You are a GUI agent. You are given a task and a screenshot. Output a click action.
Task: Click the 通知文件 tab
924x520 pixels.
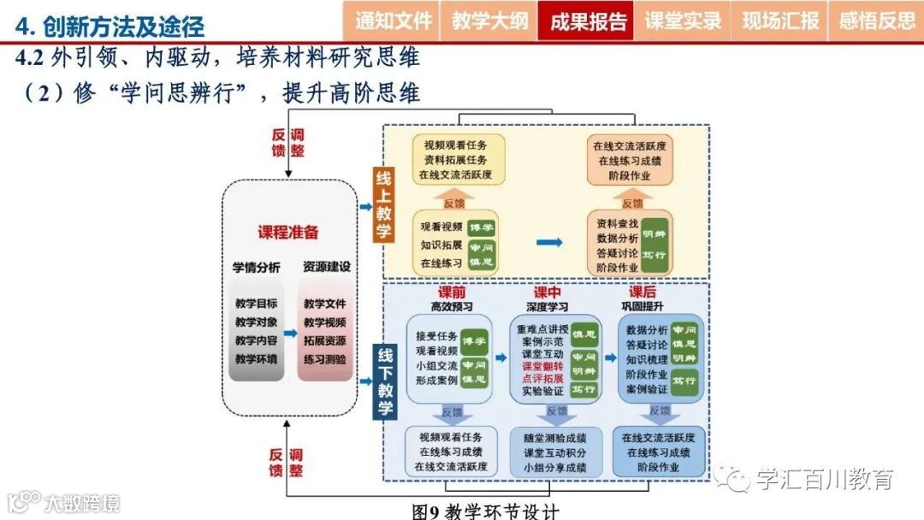[395, 21]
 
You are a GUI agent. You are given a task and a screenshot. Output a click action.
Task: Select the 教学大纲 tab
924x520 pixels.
[490, 21]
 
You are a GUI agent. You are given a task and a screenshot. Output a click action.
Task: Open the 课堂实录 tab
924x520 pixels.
[684, 21]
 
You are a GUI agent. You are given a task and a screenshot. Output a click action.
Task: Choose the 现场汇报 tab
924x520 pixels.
[780, 21]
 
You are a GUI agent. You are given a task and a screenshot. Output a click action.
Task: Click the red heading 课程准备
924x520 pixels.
[288, 232]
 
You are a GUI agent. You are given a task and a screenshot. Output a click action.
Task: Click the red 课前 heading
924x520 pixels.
[452, 292]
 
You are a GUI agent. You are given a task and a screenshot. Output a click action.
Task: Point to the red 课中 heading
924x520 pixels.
[548, 292]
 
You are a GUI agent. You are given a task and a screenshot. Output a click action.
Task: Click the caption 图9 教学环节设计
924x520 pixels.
[485, 511]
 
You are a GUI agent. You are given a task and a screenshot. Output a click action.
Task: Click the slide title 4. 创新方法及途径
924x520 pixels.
[111, 27]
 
